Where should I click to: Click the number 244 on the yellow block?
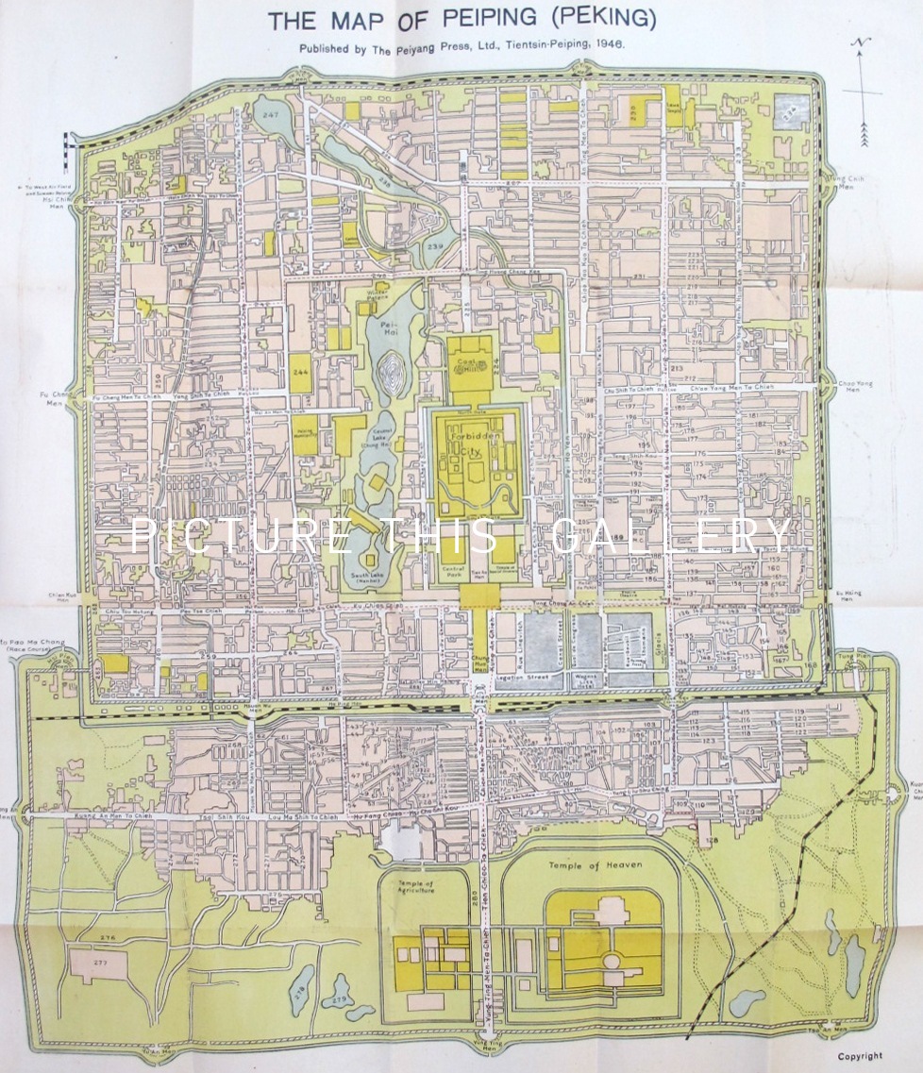click(x=301, y=373)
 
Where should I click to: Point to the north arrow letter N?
click(x=861, y=42)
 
